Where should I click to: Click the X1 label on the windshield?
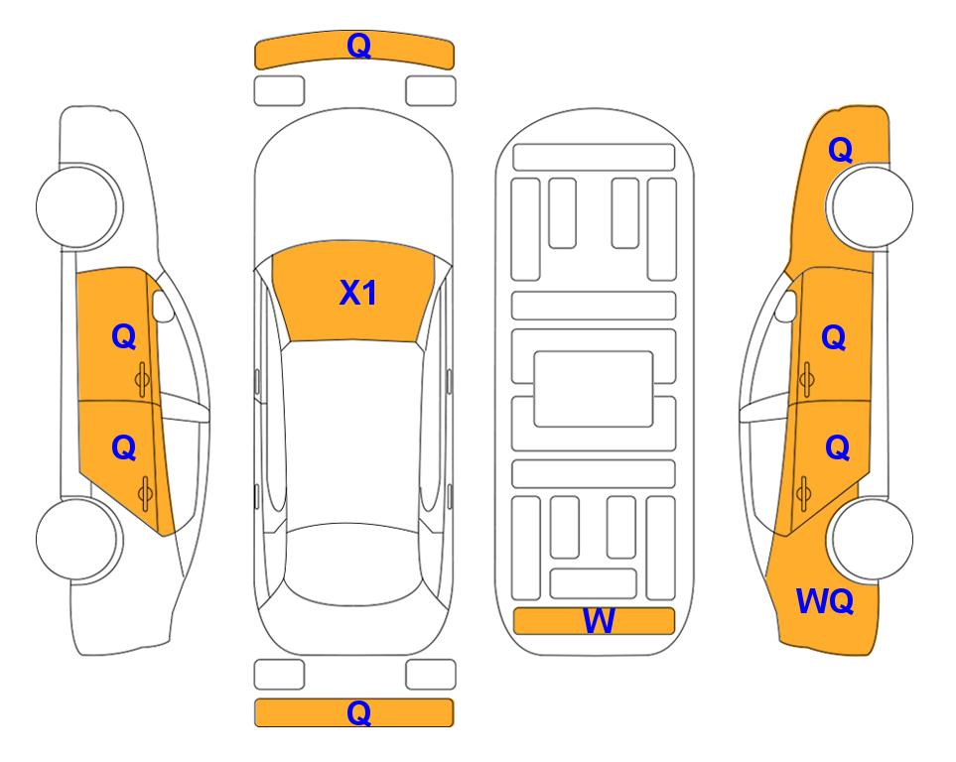(358, 293)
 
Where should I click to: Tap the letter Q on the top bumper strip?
(359, 45)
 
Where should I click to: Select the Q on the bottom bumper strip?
(359, 712)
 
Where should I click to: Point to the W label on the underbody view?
(599, 621)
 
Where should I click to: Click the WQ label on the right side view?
(825, 601)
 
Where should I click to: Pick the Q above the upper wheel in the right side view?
(840, 150)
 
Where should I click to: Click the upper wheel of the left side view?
(76, 206)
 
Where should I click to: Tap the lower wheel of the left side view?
(76, 539)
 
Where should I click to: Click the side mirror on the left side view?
(163, 306)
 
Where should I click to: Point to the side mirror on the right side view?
(786, 306)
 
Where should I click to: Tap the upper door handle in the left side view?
(143, 379)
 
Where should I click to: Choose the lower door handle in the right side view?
(803, 494)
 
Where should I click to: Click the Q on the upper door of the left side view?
(124, 336)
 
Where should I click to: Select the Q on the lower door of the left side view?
(124, 448)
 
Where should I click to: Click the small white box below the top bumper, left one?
(279, 91)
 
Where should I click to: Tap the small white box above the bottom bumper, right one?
(431, 675)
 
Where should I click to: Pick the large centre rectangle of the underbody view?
(594, 389)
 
